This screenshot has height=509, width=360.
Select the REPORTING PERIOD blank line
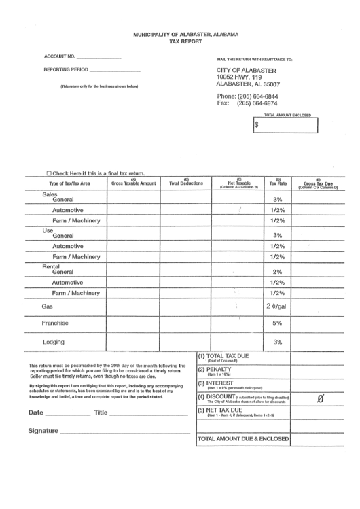pos(115,71)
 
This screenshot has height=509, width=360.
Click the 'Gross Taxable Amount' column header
pos(132,182)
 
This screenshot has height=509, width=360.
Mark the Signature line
pos(126,432)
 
